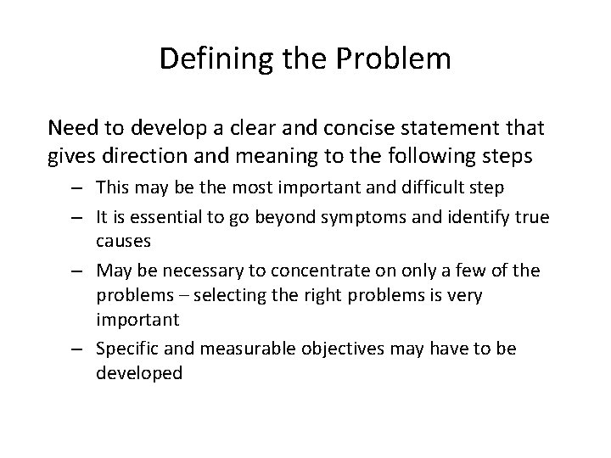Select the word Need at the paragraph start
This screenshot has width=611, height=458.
(x=72, y=128)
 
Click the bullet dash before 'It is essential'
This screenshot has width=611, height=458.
(x=81, y=217)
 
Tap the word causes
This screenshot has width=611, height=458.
(x=123, y=241)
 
